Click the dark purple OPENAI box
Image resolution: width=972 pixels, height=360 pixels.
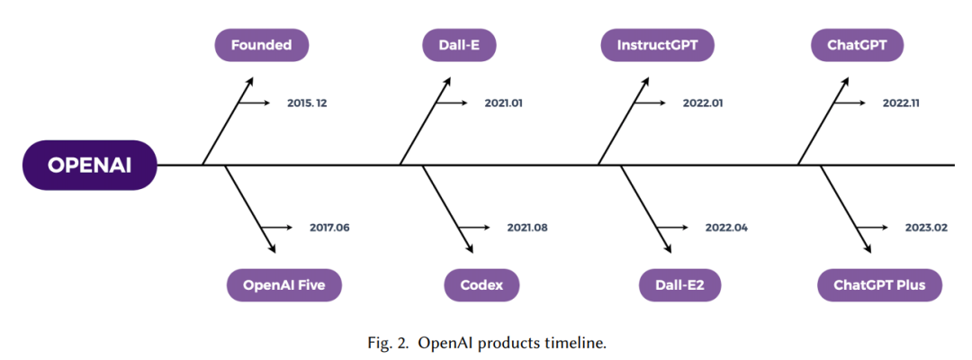pyautogui.click(x=90, y=165)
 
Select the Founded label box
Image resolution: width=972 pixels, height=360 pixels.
pyautogui.click(x=262, y=45)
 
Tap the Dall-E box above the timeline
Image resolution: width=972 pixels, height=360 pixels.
pyautogui.click(x=459, y=45)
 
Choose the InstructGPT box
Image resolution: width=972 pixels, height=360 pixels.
pyautogui.click(x=657, y=45)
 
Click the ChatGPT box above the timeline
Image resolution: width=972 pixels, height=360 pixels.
pyautogui.click(x=857, y=45)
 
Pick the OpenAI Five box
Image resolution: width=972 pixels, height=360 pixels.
pyautogui.click(x=283, y=285)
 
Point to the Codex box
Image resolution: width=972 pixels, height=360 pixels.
pyautogui.click(x=481, y=285)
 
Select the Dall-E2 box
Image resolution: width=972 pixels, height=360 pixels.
pyautogui.click(x=680, y=285)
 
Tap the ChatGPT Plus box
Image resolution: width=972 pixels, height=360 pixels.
pyautogui.click(x=879, y=285)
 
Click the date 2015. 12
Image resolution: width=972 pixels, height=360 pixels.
pyautogui.click(x=307, y=103)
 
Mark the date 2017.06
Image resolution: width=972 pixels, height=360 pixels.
pyautogui.click(x=329, y=228)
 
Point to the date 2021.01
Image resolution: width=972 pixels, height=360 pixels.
pyautogui.click(x=503, y=103)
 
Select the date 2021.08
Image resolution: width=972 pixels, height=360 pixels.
pyautogui.click(x=527, y=228)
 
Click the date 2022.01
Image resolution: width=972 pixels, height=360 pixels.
pyautogui.click(x=703, y=103)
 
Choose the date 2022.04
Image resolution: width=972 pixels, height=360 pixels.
pyautogui.click(x=726, y=228)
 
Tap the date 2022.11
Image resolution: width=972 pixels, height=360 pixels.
pyautogui.click(x=901, y=103)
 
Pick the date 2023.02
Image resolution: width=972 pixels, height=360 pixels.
pyautogui.click(x=925, y=228)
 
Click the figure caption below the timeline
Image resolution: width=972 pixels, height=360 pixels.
pyautogui.click(x=485, y=343)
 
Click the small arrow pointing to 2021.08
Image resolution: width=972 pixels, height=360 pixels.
pyautogui.click(x=474, y=228)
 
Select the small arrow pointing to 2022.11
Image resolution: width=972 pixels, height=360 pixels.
pyautogui.click(x=850, y=103)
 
